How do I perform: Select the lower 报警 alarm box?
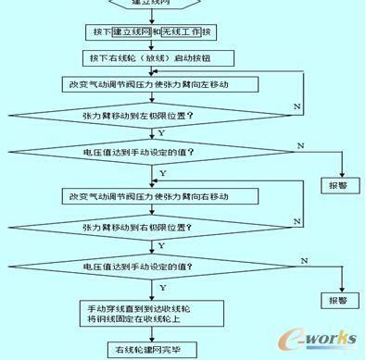click(334, 301)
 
